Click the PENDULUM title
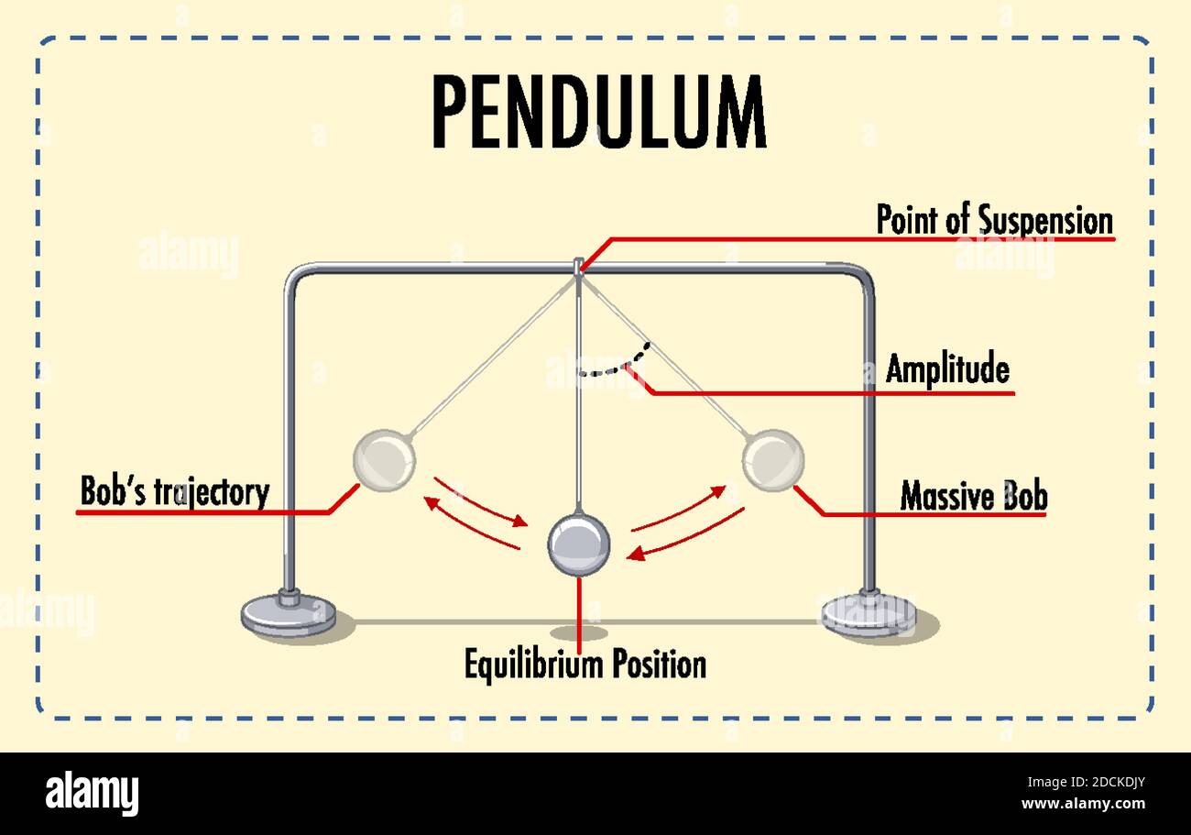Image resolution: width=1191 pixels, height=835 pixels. click(598, 113)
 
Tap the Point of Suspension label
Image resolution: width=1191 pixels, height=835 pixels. click(994, 221)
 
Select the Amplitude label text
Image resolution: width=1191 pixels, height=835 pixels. click(947, 369)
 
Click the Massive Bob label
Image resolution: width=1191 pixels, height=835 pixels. click(973, 496)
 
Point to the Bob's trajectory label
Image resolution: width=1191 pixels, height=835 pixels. click(174, 491)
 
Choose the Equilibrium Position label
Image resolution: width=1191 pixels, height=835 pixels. click(585, 664)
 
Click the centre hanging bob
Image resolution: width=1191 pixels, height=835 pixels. click(578, 544)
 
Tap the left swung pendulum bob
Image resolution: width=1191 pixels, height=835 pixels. click(384, 460)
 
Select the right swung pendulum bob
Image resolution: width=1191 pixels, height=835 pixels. click(772, 460)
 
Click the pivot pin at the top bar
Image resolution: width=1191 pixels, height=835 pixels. click(578, 267)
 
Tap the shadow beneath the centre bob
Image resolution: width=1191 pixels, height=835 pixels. click(578, 632)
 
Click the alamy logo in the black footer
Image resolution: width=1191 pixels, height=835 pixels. click(92, 794)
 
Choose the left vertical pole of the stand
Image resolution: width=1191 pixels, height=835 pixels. click(290, 431)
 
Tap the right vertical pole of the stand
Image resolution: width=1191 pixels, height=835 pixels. click(867, 431)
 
